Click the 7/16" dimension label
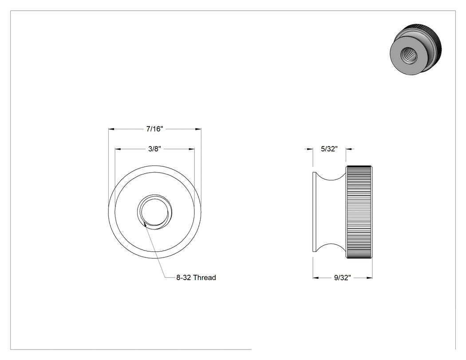point(155,129)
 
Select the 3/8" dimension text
point(154,149)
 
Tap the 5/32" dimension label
point(329,149)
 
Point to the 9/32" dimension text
point(342,277)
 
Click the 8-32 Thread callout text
point(196,277)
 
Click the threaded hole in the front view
point(154,212)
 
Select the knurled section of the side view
point(359,212)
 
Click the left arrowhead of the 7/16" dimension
point(111,129)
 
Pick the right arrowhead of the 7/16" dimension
point(198,129)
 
